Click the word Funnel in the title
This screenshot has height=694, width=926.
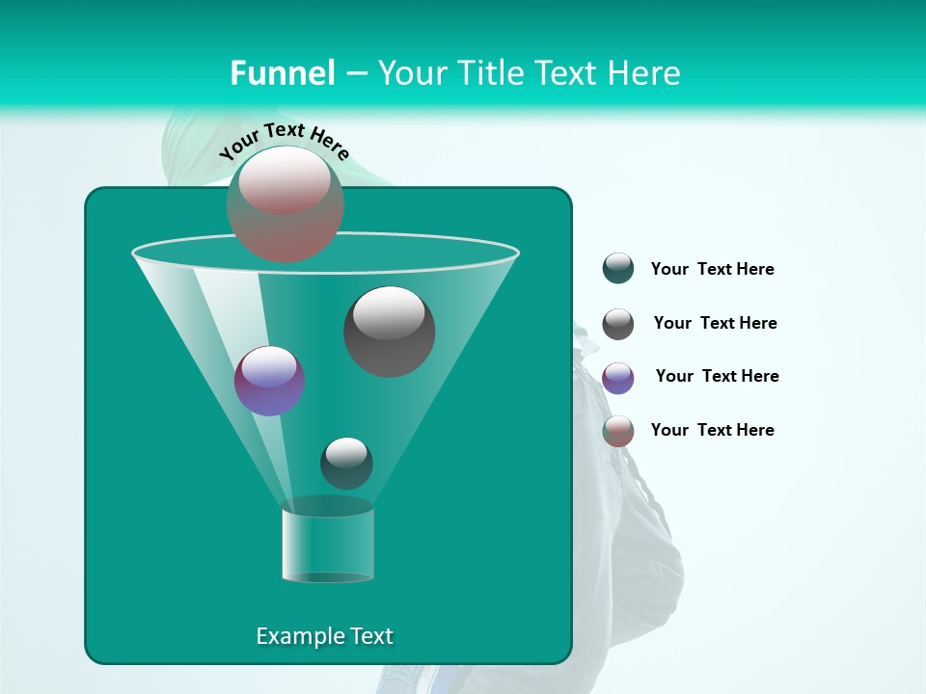click(x=282, y=73)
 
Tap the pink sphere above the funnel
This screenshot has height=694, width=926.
click(x=286, y=203)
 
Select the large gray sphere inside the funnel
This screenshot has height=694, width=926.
click(x=389, y=331)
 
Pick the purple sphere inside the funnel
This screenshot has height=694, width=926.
click(x=269, y=381)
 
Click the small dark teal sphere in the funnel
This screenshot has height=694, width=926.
click(x=346, y=463)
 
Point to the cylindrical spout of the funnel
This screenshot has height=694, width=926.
click(x=328, y=545)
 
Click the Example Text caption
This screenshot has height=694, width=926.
click(x=324, y=636)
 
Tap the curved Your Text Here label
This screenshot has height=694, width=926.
click(x=284, y=140)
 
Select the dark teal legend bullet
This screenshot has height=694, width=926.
click(x=618, y=269)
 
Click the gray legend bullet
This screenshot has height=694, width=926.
click(x=618, y=324)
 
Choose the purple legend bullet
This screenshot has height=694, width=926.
click(x=618, y=378)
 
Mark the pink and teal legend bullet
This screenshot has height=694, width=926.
click(x=618, y=431)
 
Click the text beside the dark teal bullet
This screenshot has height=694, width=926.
click(x=712, y=270)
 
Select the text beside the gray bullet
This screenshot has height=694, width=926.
click(x=715, y=324)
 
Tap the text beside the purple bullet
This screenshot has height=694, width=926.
click(x=717, y=377)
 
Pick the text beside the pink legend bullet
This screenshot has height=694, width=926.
click(x=712, y=431)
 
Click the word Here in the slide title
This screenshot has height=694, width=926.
click(x=646, y=73)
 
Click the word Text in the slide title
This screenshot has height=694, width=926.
click(x=567, y=73)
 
